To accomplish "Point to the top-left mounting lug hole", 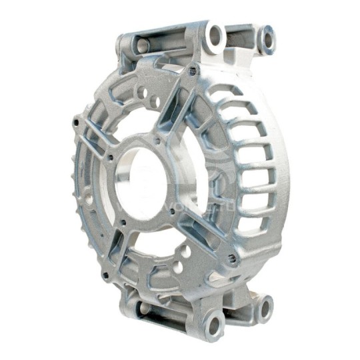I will [x=141, y=45].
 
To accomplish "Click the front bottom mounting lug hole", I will [x=214, y=325].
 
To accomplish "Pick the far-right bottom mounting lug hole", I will [x=265, y=309].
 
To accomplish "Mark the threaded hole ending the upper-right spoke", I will [x=194, y=69].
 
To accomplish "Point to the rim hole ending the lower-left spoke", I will [x=105, y=273].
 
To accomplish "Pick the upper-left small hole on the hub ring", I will [x=111, y=157].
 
